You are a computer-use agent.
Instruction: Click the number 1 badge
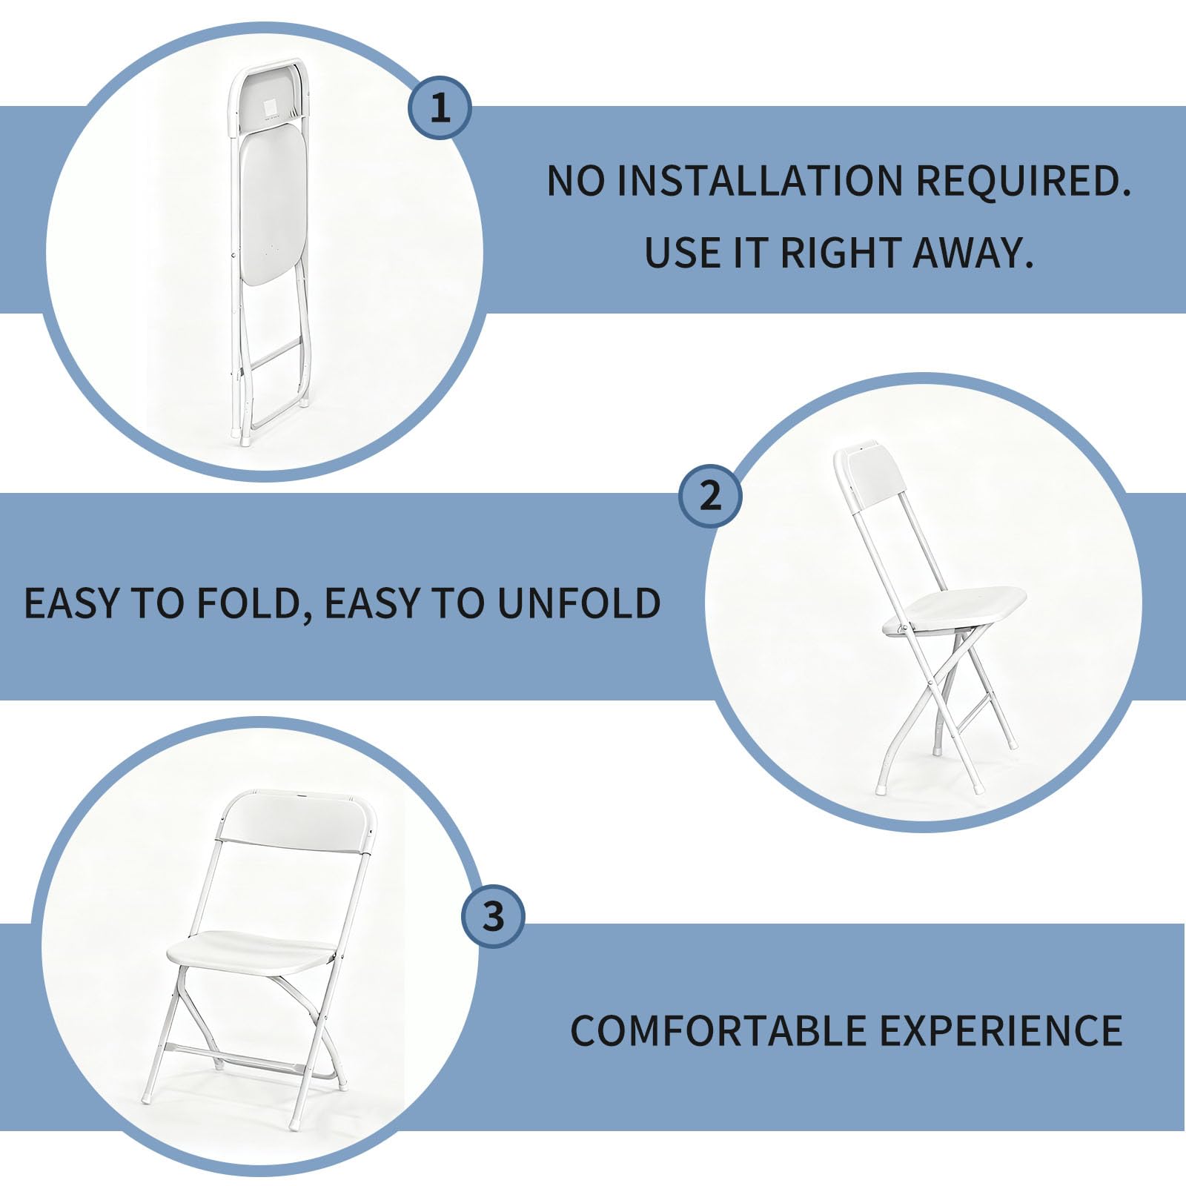click(440, 108)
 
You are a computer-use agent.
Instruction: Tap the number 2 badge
click(711, 495)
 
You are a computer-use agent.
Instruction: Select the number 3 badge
click(494, 916)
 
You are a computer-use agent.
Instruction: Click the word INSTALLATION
click(760, 180)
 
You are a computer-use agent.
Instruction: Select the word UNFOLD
click(578, 603)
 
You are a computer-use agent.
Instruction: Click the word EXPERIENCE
click(1001, 1030)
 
